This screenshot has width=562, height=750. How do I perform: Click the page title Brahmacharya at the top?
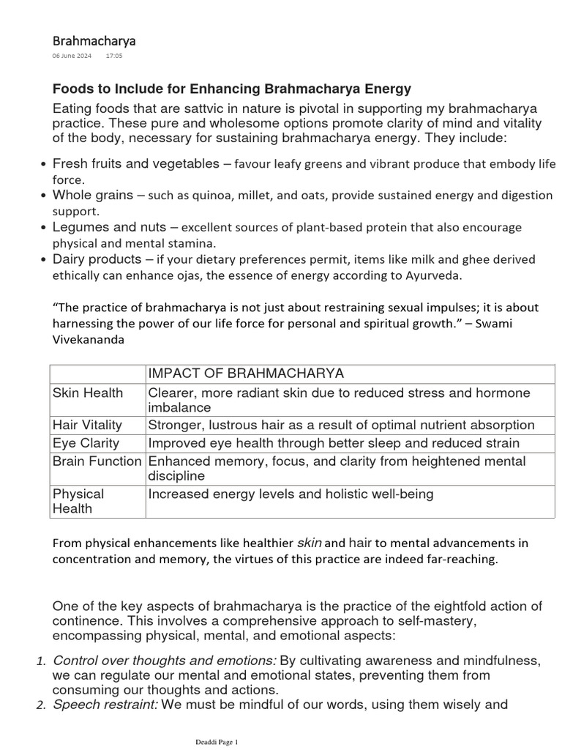click(x=94, y=40)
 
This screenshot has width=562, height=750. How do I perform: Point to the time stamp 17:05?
click(x=114, y=56)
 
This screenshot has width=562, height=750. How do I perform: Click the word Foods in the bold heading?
click(x=72, y=89)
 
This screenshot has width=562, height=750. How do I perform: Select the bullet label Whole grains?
click(x=93, y=195)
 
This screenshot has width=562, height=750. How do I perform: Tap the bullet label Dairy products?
click(x=97, y=259)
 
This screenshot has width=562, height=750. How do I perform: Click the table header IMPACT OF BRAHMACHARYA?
click(x=246, y=374)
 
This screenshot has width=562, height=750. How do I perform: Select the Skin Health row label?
click(x=88, y=393)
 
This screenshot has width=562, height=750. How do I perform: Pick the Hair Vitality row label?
click(x=87, y=425)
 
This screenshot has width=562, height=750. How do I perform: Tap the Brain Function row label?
click(x=97, y=461)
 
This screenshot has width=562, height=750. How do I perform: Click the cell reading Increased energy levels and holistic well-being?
click(x=291, y=494)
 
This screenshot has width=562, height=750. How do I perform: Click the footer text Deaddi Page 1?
click(x=214, y=742)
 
